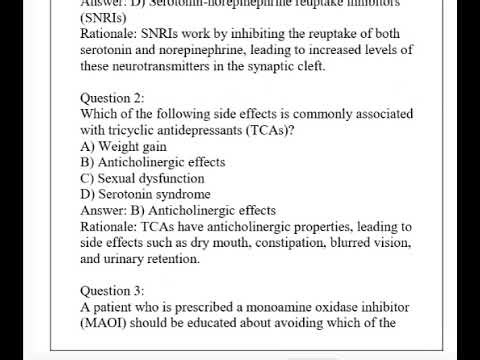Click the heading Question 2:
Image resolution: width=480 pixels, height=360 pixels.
112,98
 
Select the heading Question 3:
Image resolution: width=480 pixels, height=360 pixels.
112,291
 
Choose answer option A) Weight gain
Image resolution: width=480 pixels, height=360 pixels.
123,146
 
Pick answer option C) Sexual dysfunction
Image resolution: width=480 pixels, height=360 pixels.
142,178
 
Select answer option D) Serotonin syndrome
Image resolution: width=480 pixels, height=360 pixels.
145,194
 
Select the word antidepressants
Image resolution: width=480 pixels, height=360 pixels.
213,130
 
